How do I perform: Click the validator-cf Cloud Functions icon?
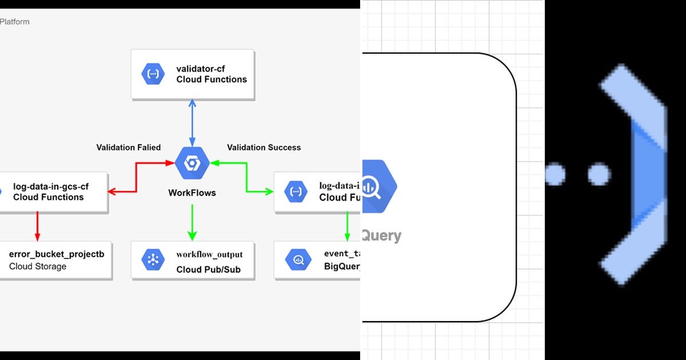pyautogui.click(x=153, y=74)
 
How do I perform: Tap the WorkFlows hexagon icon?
pyautogui.click(x=192, y=164)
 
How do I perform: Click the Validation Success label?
pyautogui.click(x=264, y=147)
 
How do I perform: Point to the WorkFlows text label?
pyautogui.click(x=192, y=193)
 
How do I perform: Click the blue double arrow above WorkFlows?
pyautogui.click(x=192, y=122)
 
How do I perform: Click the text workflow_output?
pyautogui.click(x=209, y=254)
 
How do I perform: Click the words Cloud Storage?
pyautogui.click(x=38, y=266)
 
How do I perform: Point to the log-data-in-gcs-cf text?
pyautogui.click(x=51, y=186)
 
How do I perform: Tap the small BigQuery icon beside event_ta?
pyautogui.click(x=298, y=261)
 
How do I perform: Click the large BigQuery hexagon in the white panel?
pyautogui.click(x=378, y=186)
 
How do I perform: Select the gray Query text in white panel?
pyautogui.click(x=381, y=235)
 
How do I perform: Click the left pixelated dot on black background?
pyautogui.click(x=555, y=174)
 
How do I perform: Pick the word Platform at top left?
pyautogui.click(x=14, y=22)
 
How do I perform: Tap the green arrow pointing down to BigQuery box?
pyautogui.click(x=347, y=226)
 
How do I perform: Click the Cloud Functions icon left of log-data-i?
pyautogui.click(x=296, y=192)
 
